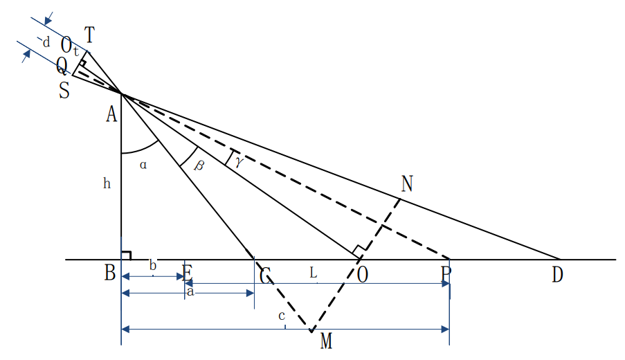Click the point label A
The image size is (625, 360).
(111, 115)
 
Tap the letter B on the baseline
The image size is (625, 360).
(110, 274)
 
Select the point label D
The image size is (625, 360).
(557, 275)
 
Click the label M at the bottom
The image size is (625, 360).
(327, 341)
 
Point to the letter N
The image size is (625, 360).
(407, 183)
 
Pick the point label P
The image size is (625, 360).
(446, 275)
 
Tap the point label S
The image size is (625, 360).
(64, 91)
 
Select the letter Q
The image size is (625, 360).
(62, 67)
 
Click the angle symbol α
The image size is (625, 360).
(144, 165)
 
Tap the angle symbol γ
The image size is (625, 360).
(239, 161)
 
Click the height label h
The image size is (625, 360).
(107, 184)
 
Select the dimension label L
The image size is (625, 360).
(314, 275)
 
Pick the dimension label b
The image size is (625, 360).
(153, 267)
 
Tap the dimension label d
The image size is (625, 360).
(46, 42)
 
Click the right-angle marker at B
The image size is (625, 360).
(127, 255)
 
